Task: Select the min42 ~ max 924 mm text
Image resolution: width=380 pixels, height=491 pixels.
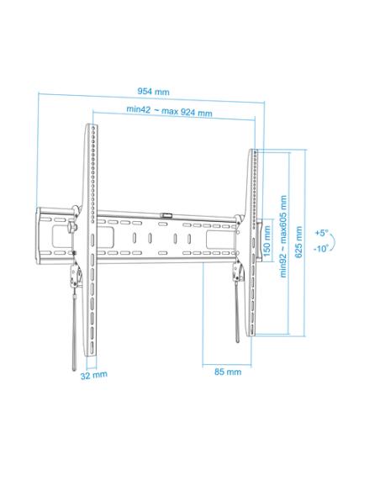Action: (x=170, y=110)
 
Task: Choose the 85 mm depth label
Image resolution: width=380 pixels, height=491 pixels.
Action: (x=228, y=371)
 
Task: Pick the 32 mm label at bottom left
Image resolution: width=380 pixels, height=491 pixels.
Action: (x=94, y=375)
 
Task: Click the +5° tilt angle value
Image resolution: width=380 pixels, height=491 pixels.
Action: (x=322, y=232)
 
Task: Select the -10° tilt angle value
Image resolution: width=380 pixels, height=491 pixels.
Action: (x=321, y=249)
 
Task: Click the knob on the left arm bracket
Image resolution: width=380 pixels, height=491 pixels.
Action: (x=75, y=229)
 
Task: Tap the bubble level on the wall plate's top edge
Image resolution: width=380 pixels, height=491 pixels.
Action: (x=167, y=214)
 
